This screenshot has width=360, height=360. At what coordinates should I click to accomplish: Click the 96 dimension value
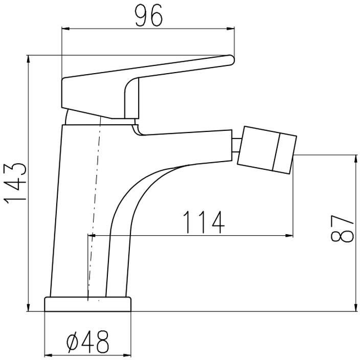coord(149,15)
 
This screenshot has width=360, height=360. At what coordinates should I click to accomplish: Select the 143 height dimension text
coord(15,184)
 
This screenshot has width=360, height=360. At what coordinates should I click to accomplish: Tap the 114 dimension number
coord(204,222)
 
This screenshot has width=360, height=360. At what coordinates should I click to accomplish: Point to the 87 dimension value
coord(342,229)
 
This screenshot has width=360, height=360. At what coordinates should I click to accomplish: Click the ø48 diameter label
coord(87,342)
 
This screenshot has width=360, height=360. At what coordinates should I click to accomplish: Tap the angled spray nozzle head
coord(267,150)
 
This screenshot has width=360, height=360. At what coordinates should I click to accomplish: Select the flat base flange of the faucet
coord(88,304)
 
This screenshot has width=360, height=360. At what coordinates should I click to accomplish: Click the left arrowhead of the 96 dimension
coord(65,29)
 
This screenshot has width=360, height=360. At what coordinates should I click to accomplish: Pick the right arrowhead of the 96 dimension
coord(230,29)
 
